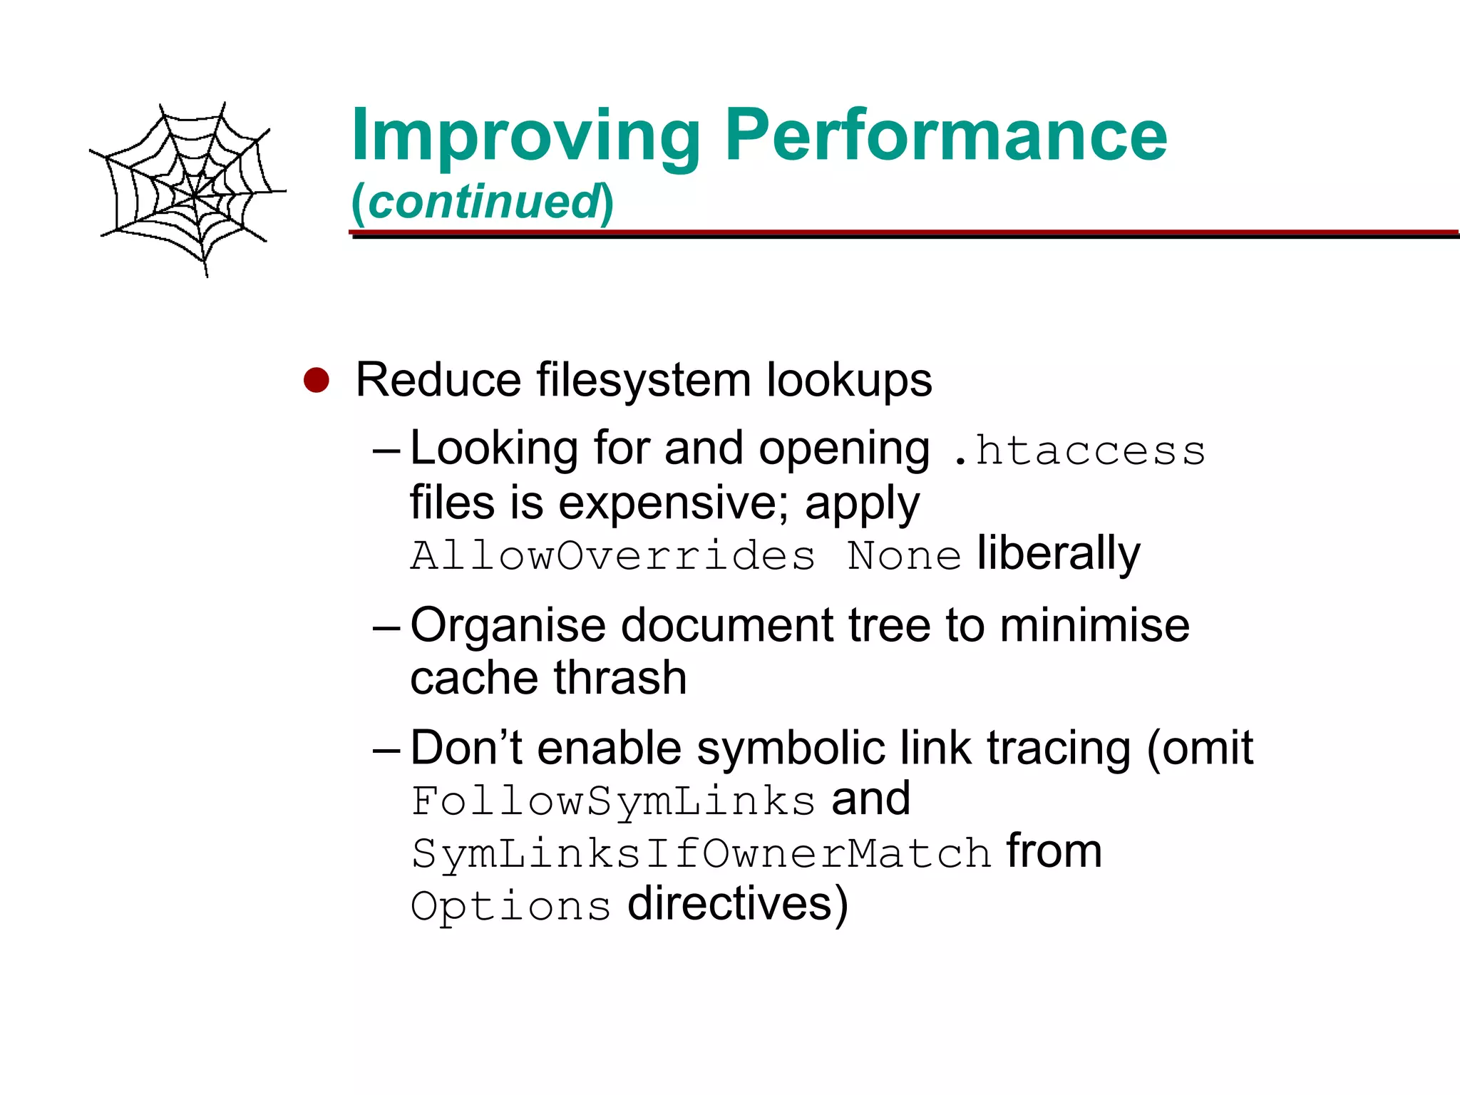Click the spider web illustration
pos(188,190)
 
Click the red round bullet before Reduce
pos(316,380)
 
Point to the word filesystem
pos(643,379)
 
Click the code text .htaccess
pos(1079,451)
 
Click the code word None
pos(904,555)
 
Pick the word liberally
pos(1058,554)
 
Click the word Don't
pos(466,748)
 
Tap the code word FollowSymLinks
pos(613,801)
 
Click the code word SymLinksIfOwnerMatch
pos(701,853)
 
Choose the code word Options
pos(510,906)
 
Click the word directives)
pos(737,905)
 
